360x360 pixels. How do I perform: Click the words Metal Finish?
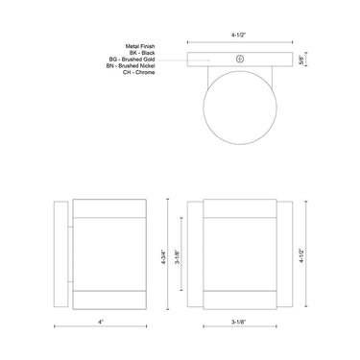point(143,44)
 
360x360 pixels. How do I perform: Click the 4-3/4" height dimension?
point(167,257)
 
